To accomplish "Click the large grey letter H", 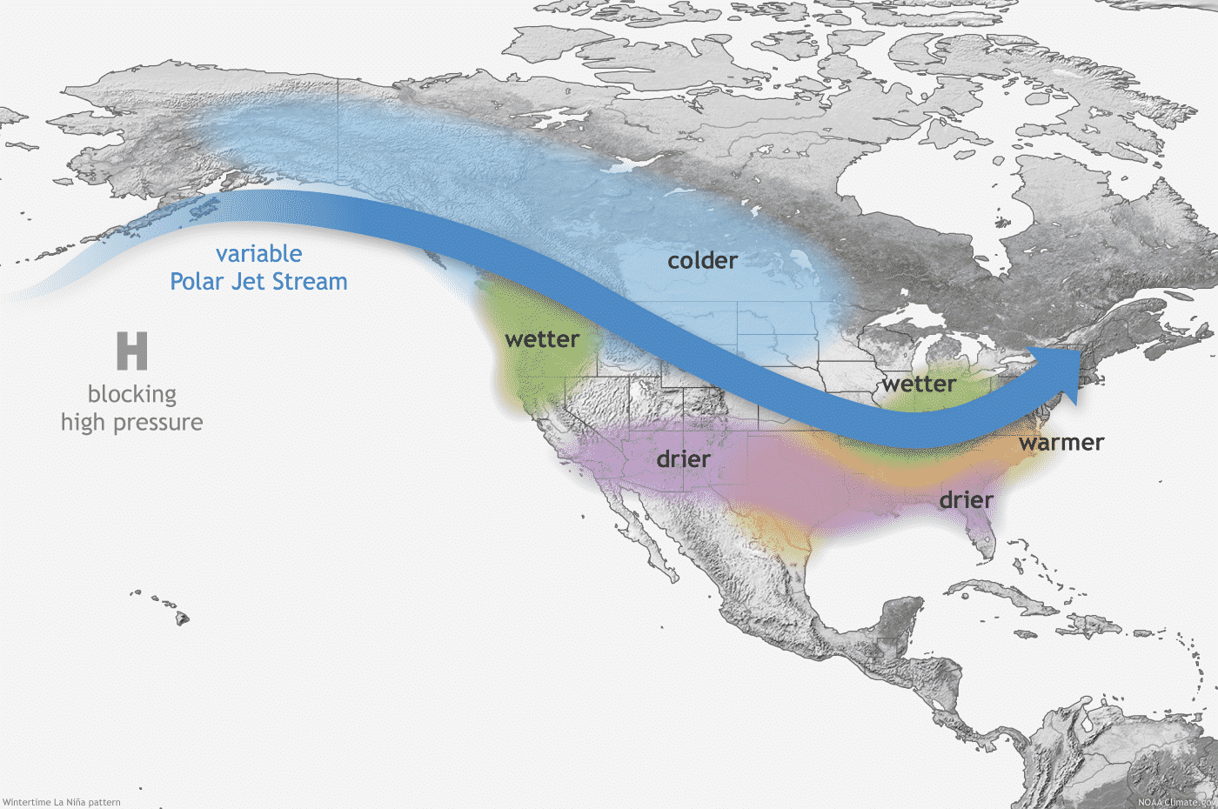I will pos(132,351).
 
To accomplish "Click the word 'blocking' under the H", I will pos(132,394).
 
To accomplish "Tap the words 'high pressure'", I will pos(132,423).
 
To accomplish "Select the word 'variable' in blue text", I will pos(259,254).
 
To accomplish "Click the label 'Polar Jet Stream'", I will pos(259,282).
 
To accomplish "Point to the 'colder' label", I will pos(702,261).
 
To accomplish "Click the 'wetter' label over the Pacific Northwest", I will pos(542,339).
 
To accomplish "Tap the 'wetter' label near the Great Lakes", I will pos(920,384).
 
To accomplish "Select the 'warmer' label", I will pos(1061,443).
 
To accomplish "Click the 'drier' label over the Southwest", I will pos(684,459).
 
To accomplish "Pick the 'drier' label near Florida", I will pos(966,500).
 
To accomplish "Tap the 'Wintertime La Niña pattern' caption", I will pos(61,802).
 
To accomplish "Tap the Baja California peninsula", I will pos(639,539).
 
